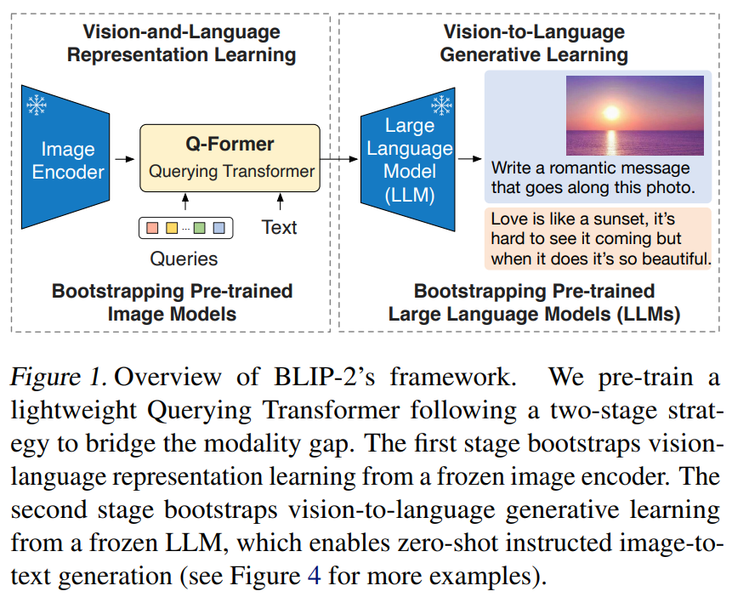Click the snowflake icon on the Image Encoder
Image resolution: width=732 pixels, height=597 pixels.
(x=37, y=105)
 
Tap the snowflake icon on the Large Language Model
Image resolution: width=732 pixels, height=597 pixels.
(x=441, y=105)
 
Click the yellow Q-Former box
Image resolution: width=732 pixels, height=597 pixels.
(x=230, y=156)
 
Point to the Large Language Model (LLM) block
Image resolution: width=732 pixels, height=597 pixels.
(x=408, y=160)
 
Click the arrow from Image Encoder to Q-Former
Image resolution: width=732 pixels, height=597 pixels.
(x=126, y=159)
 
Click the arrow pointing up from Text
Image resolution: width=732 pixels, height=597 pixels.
(x=280, y=202)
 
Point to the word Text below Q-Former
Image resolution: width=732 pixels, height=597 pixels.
(x=279, y=227)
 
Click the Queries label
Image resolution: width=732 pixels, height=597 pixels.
(x=184, y=259)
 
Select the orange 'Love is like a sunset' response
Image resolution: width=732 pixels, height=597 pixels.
(x=599, y=238)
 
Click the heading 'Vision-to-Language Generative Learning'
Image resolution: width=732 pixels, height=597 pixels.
(x=535, y=43)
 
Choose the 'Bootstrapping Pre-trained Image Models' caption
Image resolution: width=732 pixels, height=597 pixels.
(x=172, y=302)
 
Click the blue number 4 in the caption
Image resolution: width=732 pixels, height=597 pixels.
(x=314, y=576)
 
